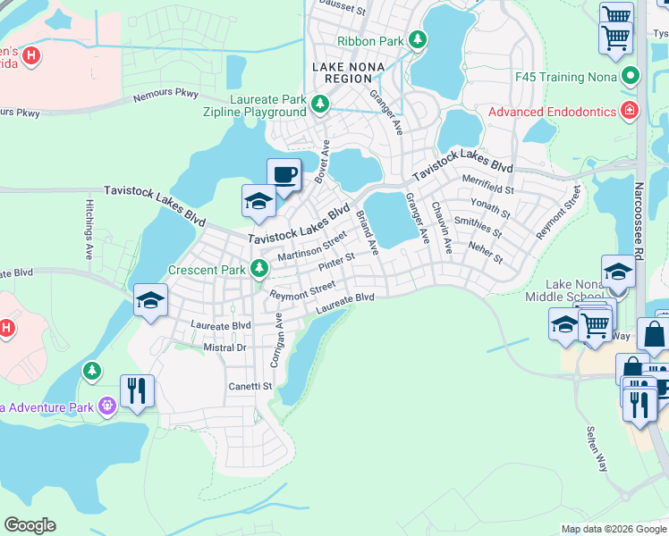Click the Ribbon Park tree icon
pos(417,39)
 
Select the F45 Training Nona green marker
pos(631,76)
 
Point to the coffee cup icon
pos(284,173)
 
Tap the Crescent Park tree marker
pos(259,268)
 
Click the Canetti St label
pos(251,386)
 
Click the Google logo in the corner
pos(30,525)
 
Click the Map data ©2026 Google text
pos(613,529)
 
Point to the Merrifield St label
pos(488,190)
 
